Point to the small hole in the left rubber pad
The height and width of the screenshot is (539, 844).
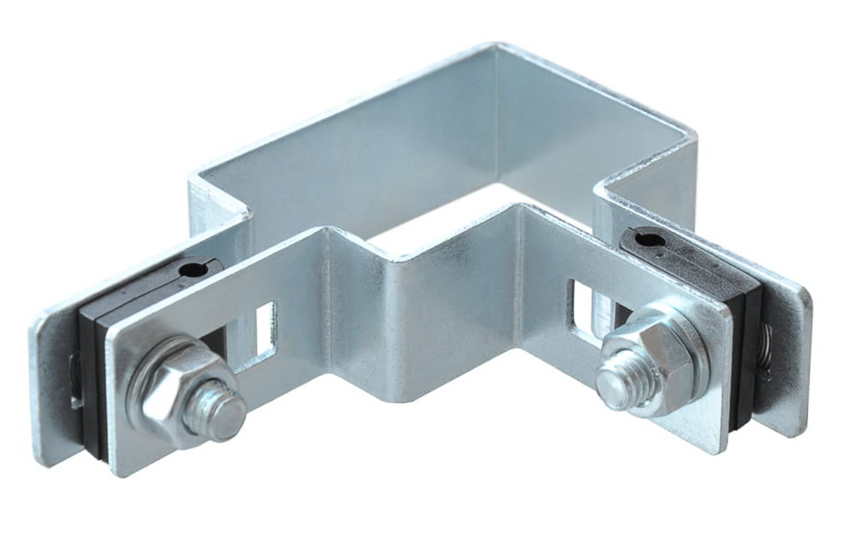pyautogui.click(x=191, y=269)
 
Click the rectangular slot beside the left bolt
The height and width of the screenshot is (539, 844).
pyautogui.click(x=265, y=330)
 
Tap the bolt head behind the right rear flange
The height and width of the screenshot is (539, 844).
pyautogui.click(x=766, y=346)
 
